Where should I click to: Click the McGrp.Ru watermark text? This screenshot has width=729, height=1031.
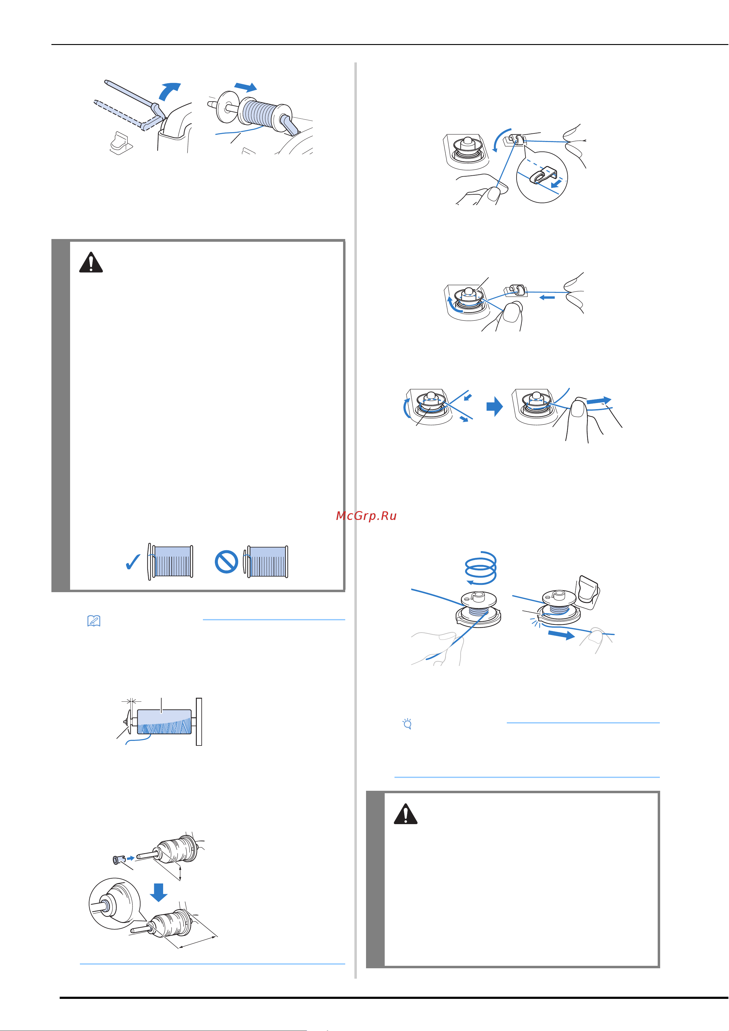click(x=366, y=516)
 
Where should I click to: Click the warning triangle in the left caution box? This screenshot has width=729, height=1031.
click(x=91, y=262)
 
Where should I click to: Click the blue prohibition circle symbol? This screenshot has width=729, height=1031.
click(x=226, y=562)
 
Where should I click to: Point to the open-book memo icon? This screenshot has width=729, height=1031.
click(x=93, y=621)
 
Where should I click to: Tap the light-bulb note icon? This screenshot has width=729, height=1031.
click(x=407, y=724)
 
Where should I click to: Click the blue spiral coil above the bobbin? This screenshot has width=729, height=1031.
click(x=480, y=568)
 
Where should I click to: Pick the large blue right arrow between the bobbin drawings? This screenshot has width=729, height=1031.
click(x=495, y=406)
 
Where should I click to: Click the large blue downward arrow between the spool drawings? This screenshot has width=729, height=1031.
click(x=159, y=892)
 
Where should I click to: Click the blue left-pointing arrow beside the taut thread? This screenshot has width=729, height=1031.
click(x=547, y=297)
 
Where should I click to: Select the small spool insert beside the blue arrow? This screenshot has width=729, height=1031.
click(x=118, y=859)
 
